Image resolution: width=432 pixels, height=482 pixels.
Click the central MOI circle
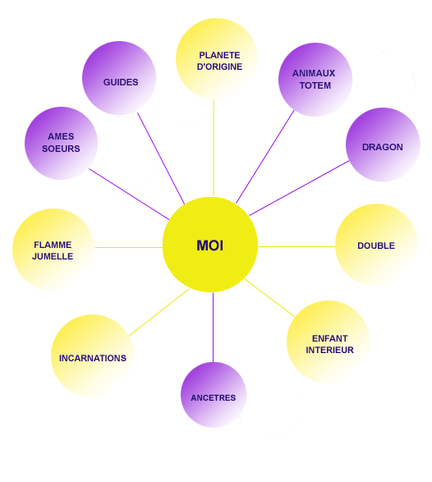pos(210,245)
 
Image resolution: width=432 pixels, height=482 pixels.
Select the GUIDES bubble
pos(119,78)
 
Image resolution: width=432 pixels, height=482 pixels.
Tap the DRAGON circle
pos(383,145)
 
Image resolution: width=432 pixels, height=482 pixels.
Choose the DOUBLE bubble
pos(376,245)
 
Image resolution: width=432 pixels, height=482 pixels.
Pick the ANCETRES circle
pos(214,395)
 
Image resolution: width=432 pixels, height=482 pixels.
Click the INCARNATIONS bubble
pos(92,356)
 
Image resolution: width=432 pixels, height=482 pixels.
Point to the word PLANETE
pos(219,55)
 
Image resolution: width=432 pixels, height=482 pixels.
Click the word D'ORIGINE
pos(219,67)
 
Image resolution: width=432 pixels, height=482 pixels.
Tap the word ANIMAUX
pos(314,73)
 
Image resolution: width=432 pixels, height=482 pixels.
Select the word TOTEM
pos(315,85)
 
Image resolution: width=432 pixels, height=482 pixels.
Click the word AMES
pos(61,136)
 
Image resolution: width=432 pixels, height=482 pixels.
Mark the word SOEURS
pos(61,149)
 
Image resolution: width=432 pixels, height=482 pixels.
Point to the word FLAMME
pos(53,245)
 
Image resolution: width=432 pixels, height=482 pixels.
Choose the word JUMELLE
pos(53,256)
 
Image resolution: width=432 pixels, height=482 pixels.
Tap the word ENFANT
pos(329,338)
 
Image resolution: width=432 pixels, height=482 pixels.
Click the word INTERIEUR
pos(329,350)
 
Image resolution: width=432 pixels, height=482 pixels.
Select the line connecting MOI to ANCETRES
pos(213,328)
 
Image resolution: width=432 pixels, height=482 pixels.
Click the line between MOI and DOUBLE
pos(296,246)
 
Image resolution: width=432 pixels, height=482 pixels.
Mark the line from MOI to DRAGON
pos(299,188)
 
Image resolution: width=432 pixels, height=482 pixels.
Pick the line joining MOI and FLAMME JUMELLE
pos(129,247)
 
